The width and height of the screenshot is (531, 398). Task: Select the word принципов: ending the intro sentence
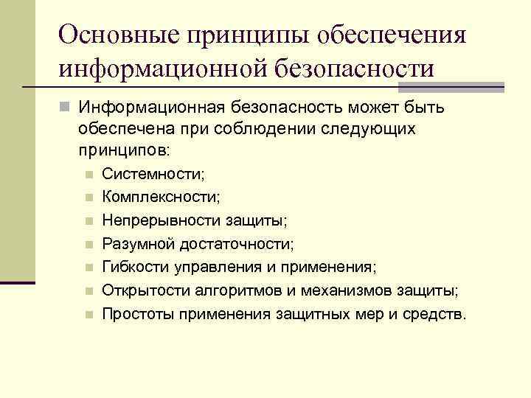(123, 150)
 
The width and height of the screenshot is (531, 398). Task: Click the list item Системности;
(154, 175)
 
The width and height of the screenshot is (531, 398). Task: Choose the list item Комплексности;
(161, 197)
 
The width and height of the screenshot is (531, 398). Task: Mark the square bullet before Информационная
(66, 108)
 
